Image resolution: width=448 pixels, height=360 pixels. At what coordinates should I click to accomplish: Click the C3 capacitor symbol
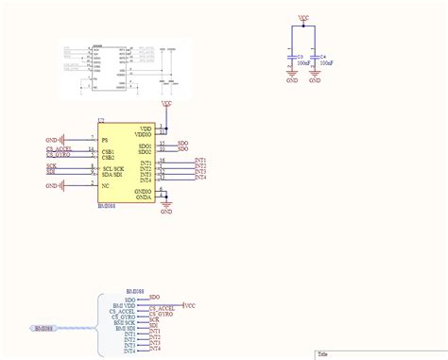pyautogui.click(x=292, y=62)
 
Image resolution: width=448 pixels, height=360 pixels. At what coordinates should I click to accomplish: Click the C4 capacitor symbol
pyautogui.click(x=315, y=62)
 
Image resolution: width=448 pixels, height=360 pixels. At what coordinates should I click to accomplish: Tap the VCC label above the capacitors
pyautogui.click(x=302, y=17)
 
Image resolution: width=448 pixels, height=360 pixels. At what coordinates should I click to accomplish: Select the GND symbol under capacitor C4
pyautogui.click(x=315, y=81)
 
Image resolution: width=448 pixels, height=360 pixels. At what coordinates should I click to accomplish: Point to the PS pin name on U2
pyautogui.click(x=105, y=139)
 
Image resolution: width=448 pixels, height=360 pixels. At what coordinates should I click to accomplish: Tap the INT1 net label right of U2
pyautogui.click(x=200, y=161)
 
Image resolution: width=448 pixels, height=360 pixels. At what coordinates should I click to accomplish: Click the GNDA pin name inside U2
pyautogui.click(x=144, y=197)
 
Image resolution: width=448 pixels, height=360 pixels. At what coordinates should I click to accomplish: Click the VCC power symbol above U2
pyautogui.click(x=166, y=103)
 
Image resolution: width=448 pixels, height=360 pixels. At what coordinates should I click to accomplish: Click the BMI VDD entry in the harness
pyautogui.click(x=125, y=306)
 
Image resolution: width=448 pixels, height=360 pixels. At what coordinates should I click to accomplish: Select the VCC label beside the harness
pyautogui.click(x=189, y=306)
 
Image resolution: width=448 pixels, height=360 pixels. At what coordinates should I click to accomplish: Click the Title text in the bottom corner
pyautogui.click(x=323, y=355)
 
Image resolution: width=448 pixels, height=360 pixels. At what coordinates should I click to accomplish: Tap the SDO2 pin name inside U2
pyautogui.click(x=145, y=150)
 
